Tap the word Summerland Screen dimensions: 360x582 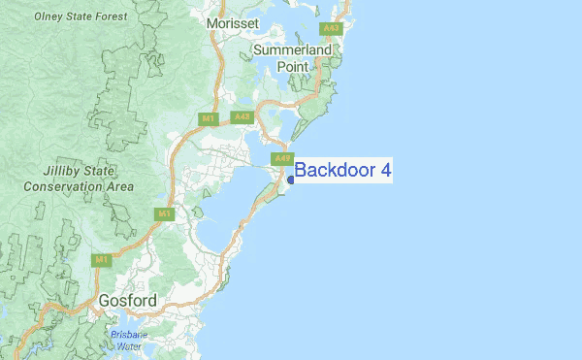[293, 49]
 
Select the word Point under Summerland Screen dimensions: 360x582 [293, 66]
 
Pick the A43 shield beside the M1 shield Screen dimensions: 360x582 [242, 117]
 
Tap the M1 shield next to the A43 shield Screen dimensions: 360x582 [207, 118]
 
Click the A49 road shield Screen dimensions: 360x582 [282, 158]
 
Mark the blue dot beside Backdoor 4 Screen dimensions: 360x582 [290, 180]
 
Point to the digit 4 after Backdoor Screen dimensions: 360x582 [385, 171]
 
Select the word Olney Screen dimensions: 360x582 [49, 16]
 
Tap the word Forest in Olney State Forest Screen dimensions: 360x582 [128, 16]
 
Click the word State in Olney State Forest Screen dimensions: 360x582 [86, 16]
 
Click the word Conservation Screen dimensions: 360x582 [65, 185]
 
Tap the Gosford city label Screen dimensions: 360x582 [127, 302]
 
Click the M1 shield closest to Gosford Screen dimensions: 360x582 [102, 260]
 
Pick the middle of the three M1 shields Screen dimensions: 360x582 [164, 213]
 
